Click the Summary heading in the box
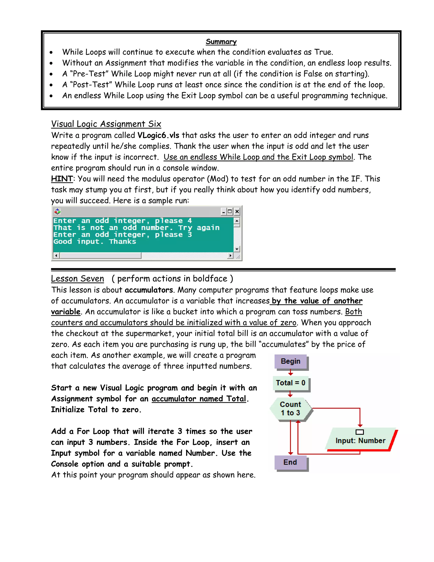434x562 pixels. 221,42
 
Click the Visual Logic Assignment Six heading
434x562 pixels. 106,124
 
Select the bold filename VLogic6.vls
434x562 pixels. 158,135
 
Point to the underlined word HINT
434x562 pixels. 62,179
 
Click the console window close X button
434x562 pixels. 237,211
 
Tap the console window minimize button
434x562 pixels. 223,211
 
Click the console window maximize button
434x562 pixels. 230,211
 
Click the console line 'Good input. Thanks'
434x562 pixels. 95,242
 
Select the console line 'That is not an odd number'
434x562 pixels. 136,228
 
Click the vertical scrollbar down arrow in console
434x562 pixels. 237,249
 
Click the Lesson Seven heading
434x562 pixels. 77,279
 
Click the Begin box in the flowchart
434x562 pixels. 291,361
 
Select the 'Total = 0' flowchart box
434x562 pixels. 291,383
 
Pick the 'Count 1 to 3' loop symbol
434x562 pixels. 291,409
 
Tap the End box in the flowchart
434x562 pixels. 290,462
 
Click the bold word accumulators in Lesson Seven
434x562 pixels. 149,290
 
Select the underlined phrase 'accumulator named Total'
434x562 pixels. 199,399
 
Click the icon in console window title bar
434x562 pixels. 57,211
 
